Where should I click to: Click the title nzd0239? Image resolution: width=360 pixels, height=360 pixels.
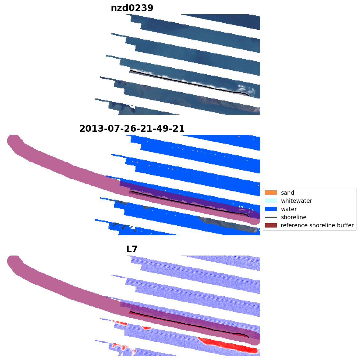[x=132, y=8]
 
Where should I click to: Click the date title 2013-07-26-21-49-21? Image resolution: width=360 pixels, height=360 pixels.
[x=132, y=129]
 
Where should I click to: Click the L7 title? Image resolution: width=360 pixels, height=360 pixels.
[x=132, y=249]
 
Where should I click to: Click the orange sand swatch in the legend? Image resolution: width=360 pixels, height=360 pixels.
[x=271, y=193]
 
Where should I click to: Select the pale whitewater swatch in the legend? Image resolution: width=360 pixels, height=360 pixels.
[x=271, y=201]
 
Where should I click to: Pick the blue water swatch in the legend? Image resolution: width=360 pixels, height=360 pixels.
[x=271, y=209]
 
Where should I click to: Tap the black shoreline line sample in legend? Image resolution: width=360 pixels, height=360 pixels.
[x=271, y=217]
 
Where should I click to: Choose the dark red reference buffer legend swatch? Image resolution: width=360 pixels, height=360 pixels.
[x=271, y=225]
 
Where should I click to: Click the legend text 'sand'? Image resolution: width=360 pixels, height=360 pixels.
[x=288, y=193]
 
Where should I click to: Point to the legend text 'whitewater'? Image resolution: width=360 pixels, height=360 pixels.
[x=296, y=201]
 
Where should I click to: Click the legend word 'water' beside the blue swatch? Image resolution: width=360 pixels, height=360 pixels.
[x=289, y=209]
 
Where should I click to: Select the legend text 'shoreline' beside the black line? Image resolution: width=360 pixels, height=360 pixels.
[x=293, y=217]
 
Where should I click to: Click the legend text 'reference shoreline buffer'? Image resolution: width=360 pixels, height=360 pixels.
[x=317, y=225]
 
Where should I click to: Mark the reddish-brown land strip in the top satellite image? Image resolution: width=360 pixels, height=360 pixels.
[x=226, y=104]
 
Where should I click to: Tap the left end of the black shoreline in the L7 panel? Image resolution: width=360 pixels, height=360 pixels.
[x=130, y=312]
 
